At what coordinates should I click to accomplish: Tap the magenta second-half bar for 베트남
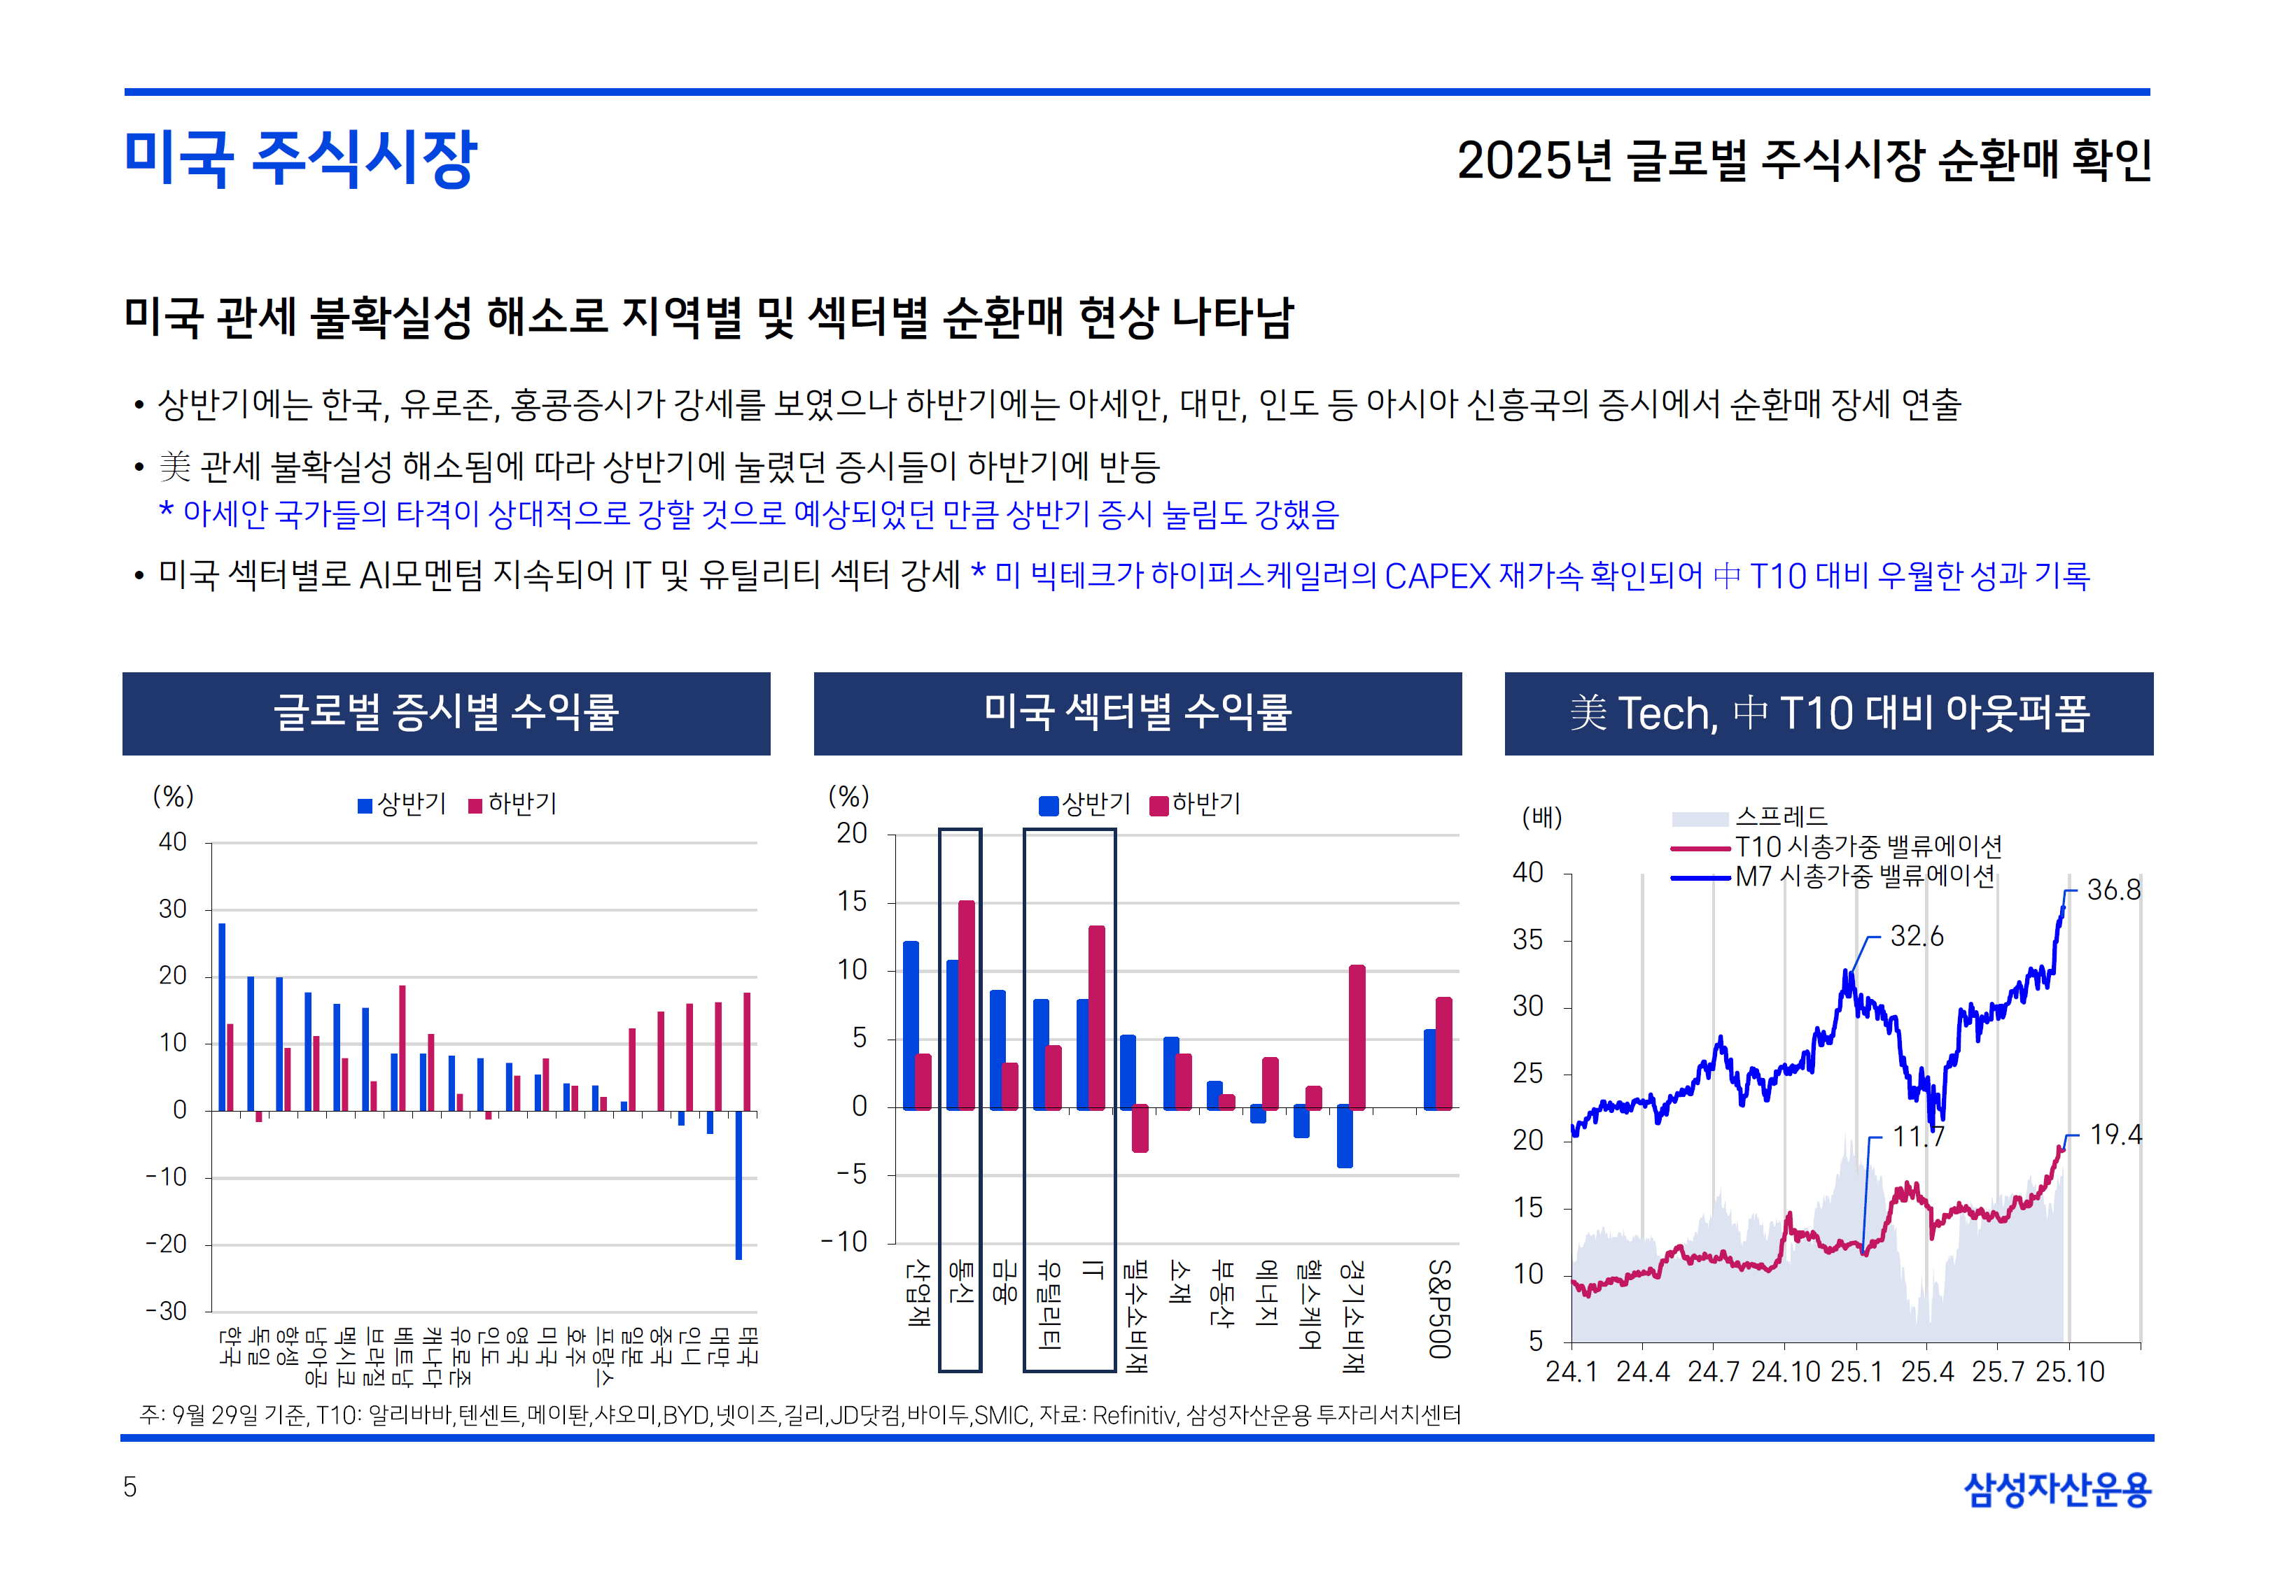pos(402,1047)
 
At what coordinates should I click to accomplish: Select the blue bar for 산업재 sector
pos(911,1026)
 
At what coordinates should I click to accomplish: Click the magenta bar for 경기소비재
pos(1357,1037)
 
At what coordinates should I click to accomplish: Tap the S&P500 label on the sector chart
pos(1438,1309)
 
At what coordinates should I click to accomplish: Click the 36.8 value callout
pos(2113,891)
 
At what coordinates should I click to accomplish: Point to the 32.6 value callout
pos(1916,937)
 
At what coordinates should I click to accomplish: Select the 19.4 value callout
pos(2115,1135)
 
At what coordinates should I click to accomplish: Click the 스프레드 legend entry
pos(1781,816)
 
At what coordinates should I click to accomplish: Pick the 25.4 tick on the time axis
pos(1926,1372)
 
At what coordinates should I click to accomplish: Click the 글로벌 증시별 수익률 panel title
pos(446,713)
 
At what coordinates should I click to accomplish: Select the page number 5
pos(129,1487)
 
